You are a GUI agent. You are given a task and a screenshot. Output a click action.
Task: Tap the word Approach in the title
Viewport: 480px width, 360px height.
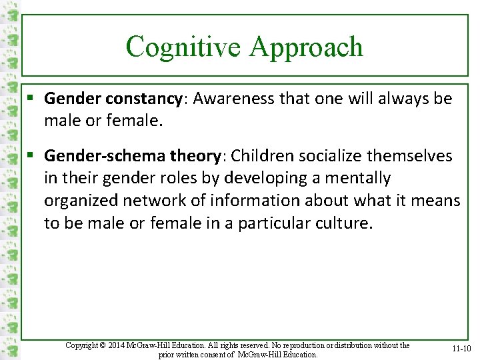306,47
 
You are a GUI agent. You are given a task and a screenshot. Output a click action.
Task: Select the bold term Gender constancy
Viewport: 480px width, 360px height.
113,99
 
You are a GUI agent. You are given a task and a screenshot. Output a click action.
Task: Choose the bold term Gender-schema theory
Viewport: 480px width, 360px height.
132,156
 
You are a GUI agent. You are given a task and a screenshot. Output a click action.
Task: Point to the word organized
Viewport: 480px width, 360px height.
79,201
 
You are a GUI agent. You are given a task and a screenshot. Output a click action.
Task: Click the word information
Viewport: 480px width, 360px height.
243,201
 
